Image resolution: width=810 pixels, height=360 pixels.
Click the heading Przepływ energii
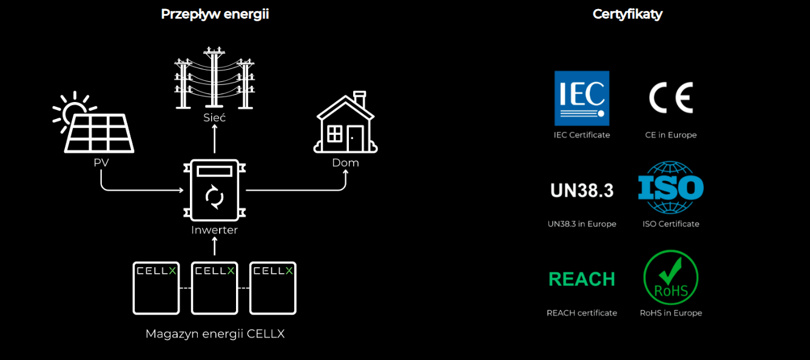point(215,15)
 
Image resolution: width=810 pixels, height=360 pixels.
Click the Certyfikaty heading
point(627,15)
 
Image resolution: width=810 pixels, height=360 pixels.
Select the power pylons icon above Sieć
point(214,78)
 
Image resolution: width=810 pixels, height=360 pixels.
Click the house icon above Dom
point(346,122)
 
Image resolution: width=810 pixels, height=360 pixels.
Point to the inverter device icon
point(214,190)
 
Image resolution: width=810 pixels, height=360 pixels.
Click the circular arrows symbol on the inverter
point(214,197)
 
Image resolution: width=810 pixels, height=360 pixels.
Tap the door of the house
point(355,138)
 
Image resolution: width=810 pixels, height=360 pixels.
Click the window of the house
point(334,134)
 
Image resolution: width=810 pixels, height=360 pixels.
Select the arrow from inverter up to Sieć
point(214,138)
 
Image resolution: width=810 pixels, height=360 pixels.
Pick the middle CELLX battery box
point(214,288)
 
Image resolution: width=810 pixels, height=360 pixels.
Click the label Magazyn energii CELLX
point(215,334)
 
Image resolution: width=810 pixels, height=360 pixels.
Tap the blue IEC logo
point(582,98)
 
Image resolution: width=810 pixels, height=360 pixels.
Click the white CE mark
point(671,98)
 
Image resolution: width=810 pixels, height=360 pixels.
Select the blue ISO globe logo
point(671,188)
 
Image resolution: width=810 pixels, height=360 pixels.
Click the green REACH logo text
point(582,279)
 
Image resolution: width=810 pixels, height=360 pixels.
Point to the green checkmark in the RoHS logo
point(670,271)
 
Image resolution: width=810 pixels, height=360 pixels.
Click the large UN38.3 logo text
point(582,190)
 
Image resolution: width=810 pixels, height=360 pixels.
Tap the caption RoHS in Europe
point(671,313)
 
